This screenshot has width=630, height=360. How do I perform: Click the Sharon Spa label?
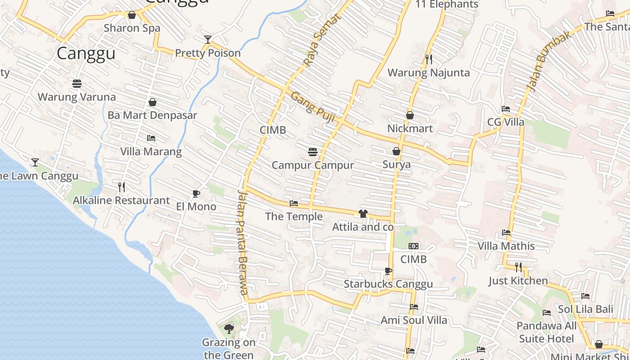(x=132, y=28)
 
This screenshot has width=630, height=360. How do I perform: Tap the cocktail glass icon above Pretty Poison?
(x=207, y=40)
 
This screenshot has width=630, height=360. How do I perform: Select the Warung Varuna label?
(x=76, y=97)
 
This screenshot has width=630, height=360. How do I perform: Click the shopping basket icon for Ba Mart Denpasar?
(x=153, y=102)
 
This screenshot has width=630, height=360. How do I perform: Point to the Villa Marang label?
(x=151, y=151)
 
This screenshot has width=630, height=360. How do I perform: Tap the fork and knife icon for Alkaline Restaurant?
(x=121, y=187)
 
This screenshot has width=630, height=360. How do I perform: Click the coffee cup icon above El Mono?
(x=196, y=194)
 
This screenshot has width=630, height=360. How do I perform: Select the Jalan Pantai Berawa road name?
(x=243, y=243)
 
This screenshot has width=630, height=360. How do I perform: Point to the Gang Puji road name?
(x=313, y=107)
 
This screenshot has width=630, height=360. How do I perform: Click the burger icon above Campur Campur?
(x=313, y=152)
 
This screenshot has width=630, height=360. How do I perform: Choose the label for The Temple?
(x=294, y=216)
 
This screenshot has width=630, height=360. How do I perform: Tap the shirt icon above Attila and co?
(x=363, y=214)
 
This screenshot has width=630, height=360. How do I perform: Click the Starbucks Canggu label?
(x=388, y=284)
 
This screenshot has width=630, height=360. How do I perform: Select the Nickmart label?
(x=410, y=129)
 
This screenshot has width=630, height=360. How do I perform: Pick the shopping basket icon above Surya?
(x=396, y=151)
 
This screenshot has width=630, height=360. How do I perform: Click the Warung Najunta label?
(x=428, y=72)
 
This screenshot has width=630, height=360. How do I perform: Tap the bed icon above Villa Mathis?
(x=506, y=233)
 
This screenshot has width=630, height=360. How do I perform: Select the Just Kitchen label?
(x=518, y=281)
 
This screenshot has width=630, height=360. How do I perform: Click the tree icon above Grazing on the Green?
(x=229, y=329)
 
